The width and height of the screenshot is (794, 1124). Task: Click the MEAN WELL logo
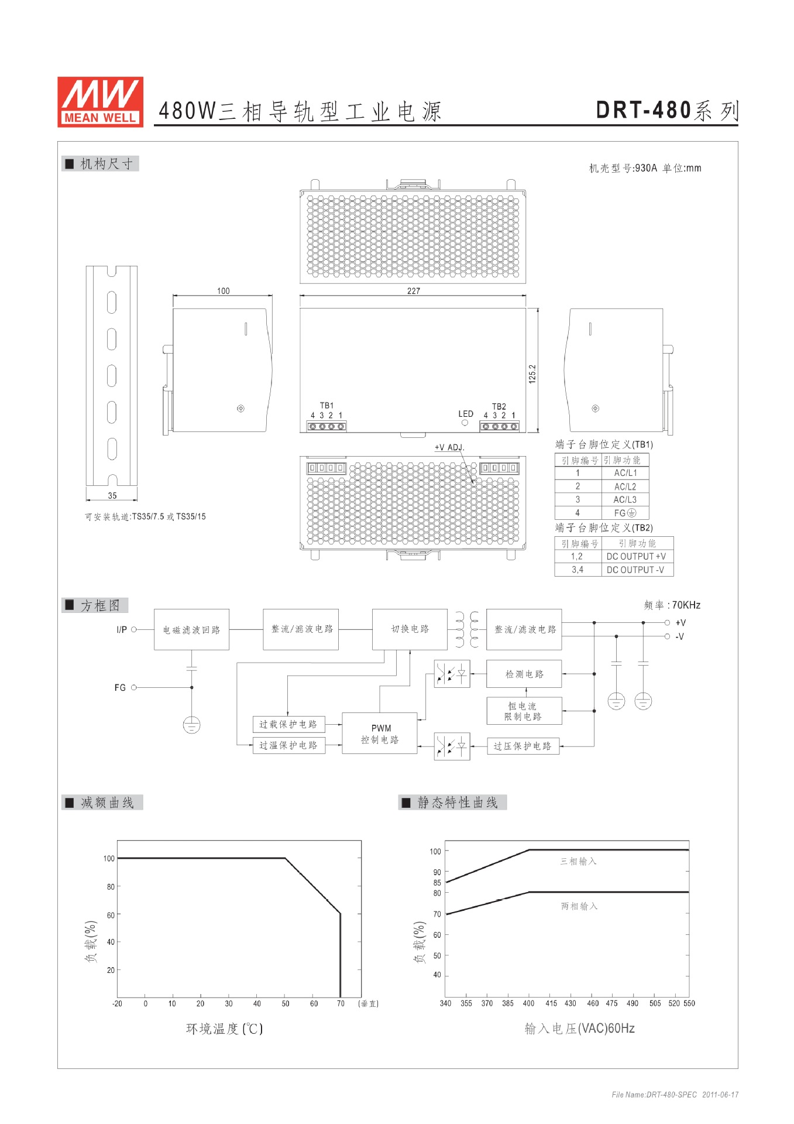tap(100, 102)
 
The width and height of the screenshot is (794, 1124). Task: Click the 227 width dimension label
tap(413, 291)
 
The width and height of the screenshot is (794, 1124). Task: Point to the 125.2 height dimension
tap(532, 373)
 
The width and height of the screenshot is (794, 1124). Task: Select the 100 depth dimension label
tap(223, 291)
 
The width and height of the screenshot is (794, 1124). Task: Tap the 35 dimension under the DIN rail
tap(112, 496)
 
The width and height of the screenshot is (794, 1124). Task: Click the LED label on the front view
tap(466, 414)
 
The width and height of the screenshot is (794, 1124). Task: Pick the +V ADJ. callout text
tap(449, 447)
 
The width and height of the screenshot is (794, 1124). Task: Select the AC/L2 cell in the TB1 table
tap(625, 486)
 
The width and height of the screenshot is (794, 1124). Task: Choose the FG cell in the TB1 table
tap(624, 513)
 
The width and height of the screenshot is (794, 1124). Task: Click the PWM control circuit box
tap(380, 734)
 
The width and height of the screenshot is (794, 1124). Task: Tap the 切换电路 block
tap(410, 629)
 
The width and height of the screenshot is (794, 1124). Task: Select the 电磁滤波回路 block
tap(191, 630)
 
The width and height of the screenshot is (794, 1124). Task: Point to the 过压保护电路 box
tap(523, 746)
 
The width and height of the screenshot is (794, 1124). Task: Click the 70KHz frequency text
tap(686, 605)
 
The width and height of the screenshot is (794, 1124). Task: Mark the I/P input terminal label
tap(122, 630)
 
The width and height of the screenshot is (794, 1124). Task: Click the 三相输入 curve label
tap(578, 861)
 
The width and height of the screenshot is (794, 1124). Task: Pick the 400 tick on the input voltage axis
tap(528, 1003)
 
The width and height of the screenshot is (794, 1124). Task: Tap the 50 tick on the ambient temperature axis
tap(286, 1003)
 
